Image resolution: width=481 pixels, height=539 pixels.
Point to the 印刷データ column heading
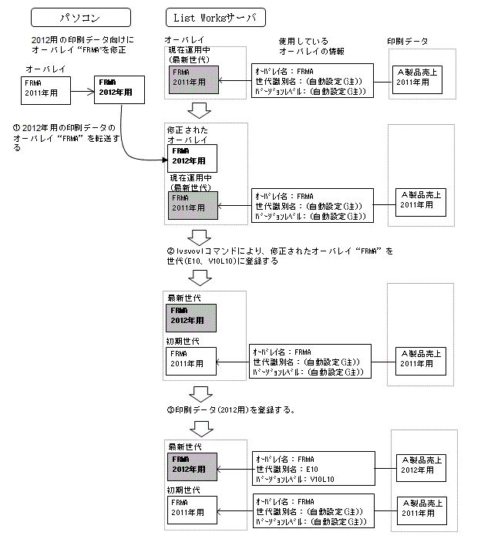coord(408,41)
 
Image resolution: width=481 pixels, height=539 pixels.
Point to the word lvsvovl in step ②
coord(196,251)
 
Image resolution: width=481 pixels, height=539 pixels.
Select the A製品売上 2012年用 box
coord(419,465)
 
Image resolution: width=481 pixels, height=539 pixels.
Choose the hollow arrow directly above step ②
coord(199,235)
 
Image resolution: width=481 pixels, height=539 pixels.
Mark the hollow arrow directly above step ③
coord(199,393)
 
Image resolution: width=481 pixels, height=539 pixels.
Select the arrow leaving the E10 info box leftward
coord(234,467)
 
